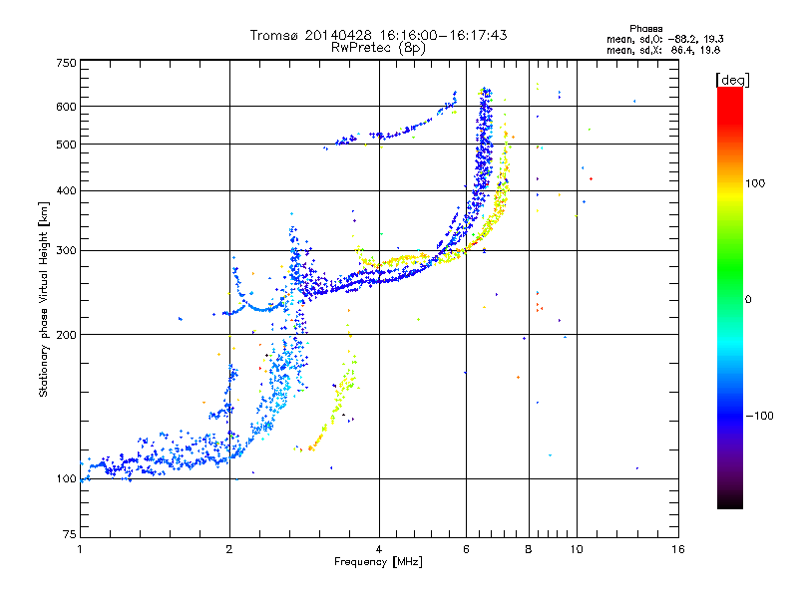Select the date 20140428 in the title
point(338,35)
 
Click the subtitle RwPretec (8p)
point(378,48)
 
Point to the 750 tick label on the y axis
point(66,63)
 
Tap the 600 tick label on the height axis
point(66,107)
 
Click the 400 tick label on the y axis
point(66,190)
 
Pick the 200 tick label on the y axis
point(66,334)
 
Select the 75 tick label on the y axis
point(70,534)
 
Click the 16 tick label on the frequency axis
point(678,549)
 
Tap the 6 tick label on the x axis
point(466,549)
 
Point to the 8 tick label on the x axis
point(529,549)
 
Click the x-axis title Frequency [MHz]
point(378,562)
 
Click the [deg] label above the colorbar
point(732,80)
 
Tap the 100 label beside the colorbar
point(755,183)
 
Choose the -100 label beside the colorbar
point(759,416)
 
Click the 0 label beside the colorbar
point(748,299)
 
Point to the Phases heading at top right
point(645,29)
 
